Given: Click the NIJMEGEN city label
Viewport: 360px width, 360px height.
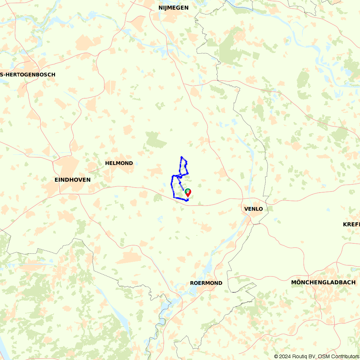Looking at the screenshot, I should coord(173,8).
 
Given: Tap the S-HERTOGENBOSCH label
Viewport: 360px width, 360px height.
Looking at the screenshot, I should coord(28,75).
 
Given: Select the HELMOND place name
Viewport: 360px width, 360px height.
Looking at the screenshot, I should coord(119,163).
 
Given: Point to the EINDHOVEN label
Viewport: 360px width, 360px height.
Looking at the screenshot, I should coord(72,180).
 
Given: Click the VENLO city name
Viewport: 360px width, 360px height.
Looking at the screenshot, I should coord(253,209).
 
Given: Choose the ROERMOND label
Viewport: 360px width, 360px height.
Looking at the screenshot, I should coord(206,283).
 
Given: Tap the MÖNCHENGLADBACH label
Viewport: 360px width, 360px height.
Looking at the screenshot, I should coord(323,282).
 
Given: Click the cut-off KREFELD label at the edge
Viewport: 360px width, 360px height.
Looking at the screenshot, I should coord(351,224).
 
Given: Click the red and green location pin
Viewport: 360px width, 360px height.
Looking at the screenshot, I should coord(188,193).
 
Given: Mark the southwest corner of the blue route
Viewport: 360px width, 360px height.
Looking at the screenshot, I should coord(174,197).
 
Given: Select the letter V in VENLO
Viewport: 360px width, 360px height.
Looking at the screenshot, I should coord(246,209).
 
